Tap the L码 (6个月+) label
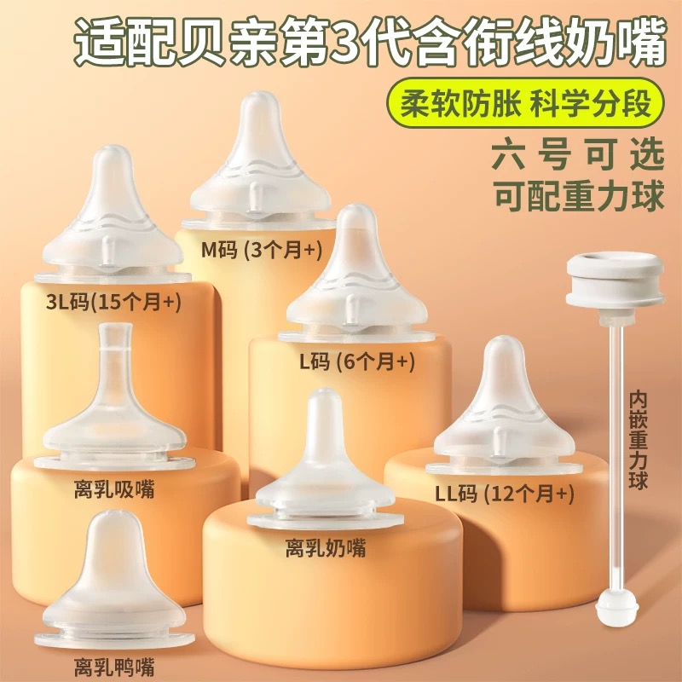tap(356, 361)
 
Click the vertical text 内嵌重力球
tap(639, 440)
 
